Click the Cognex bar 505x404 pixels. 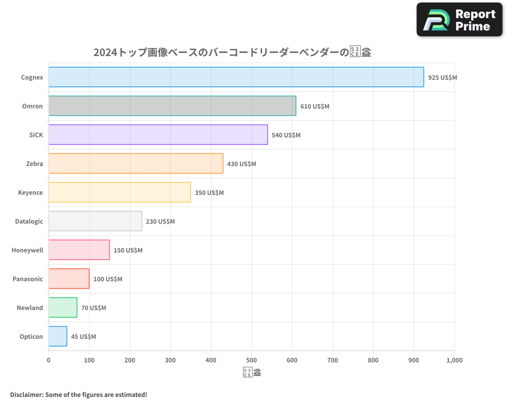pos(236,77)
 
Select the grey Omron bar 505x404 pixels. pos(172,106)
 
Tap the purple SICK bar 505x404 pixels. pos(158,135)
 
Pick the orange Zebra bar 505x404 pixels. pos(136,164)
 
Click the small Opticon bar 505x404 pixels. pos(58,336)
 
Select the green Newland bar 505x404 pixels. pos(63,308)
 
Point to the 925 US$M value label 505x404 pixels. pos(442,78)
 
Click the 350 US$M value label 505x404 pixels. pos(209,193)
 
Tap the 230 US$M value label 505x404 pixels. pos(160,222)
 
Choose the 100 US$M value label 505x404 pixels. pos(108,279)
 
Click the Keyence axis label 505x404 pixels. pos(30,193)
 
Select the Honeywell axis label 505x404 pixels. pos(27,250)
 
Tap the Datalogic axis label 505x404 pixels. pos(29,222)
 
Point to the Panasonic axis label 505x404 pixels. pos(28,279)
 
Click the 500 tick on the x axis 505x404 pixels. pos(251,361)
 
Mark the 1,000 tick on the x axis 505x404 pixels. pos(454,361)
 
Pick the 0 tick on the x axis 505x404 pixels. pos(48,361)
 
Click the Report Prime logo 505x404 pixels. pos(460,20)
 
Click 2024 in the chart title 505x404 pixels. pos(105,53)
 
